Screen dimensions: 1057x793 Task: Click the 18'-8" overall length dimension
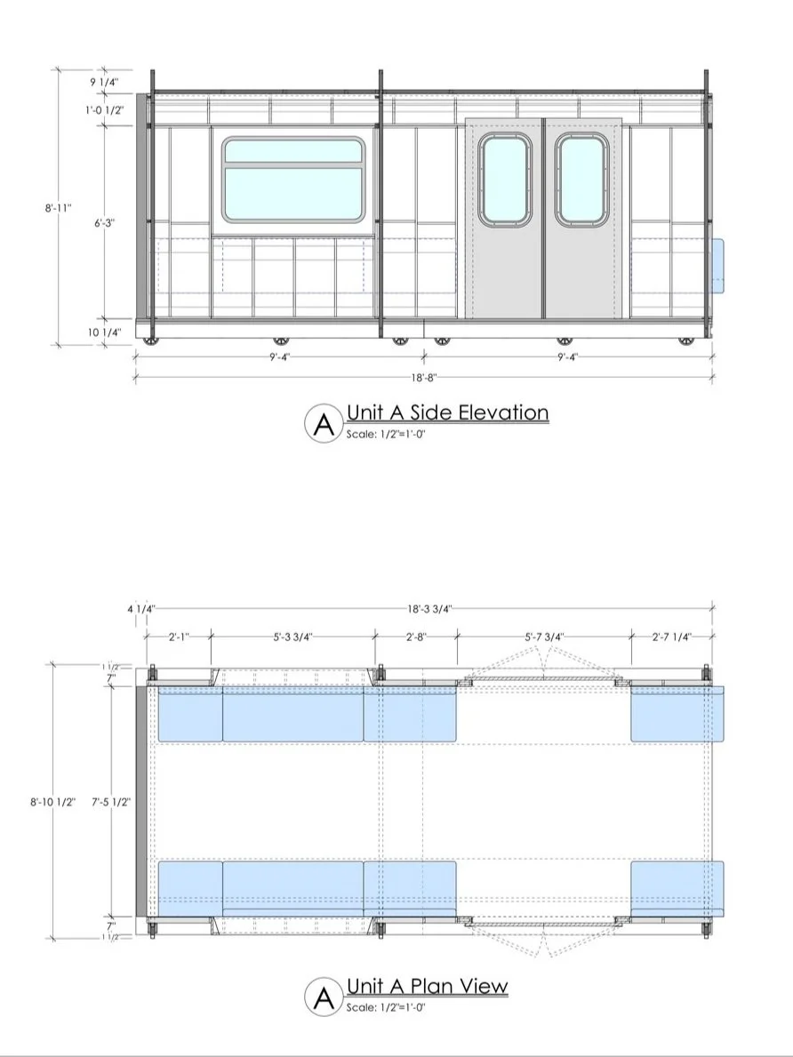click(423, 377)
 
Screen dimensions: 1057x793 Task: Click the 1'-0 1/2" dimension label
click(103, 110)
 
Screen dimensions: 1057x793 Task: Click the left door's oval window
click(503, 180)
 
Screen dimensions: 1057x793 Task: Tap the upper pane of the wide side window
click(292, 151)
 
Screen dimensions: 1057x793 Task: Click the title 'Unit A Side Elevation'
click(447, 412)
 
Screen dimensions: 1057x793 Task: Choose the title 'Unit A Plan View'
click(427, 986)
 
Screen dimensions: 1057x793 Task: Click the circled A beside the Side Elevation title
click(324, 423)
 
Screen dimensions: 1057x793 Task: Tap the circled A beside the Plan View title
click(324, 997)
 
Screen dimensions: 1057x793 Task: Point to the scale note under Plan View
click(387, 1007)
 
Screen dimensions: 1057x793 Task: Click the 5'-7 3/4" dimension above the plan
click(543, 637)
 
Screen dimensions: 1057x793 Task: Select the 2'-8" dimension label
click(416, 637)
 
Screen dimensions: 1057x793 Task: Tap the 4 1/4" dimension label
click(140, 609)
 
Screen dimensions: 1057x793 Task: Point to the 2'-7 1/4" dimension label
click(670, 637)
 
